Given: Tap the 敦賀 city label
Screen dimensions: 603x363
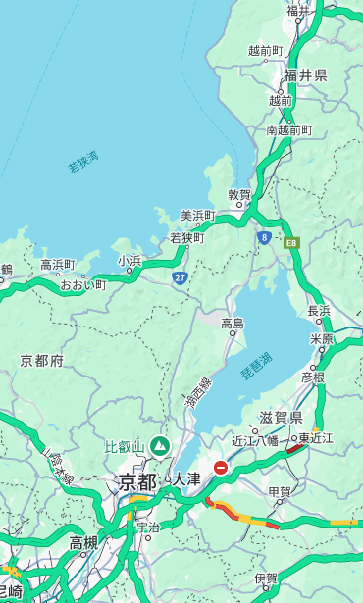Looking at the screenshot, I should point(239,195).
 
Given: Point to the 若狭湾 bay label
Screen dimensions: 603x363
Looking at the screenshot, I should point(83,162).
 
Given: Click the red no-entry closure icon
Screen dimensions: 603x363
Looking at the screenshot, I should point(221,468).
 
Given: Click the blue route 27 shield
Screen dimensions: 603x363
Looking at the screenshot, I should point(180,278).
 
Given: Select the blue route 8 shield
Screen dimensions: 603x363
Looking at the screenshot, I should point(264,237).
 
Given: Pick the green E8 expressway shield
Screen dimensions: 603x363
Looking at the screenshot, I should point(291,241).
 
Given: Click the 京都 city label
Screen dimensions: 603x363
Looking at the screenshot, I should point(136,481).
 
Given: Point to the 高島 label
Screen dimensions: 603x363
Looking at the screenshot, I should point(233,324).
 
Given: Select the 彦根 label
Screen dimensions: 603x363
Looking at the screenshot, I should point(313,376).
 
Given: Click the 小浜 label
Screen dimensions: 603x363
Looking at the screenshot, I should point(130,261).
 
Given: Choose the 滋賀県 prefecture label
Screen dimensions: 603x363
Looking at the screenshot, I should point(280,418).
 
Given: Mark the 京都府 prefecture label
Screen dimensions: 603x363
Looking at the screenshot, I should point(42,361).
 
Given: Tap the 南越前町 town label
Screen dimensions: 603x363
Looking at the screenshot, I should point(289,129).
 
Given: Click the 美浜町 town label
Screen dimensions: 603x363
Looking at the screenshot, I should point(197,216).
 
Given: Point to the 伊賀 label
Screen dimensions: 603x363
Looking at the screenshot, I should point(266,578).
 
